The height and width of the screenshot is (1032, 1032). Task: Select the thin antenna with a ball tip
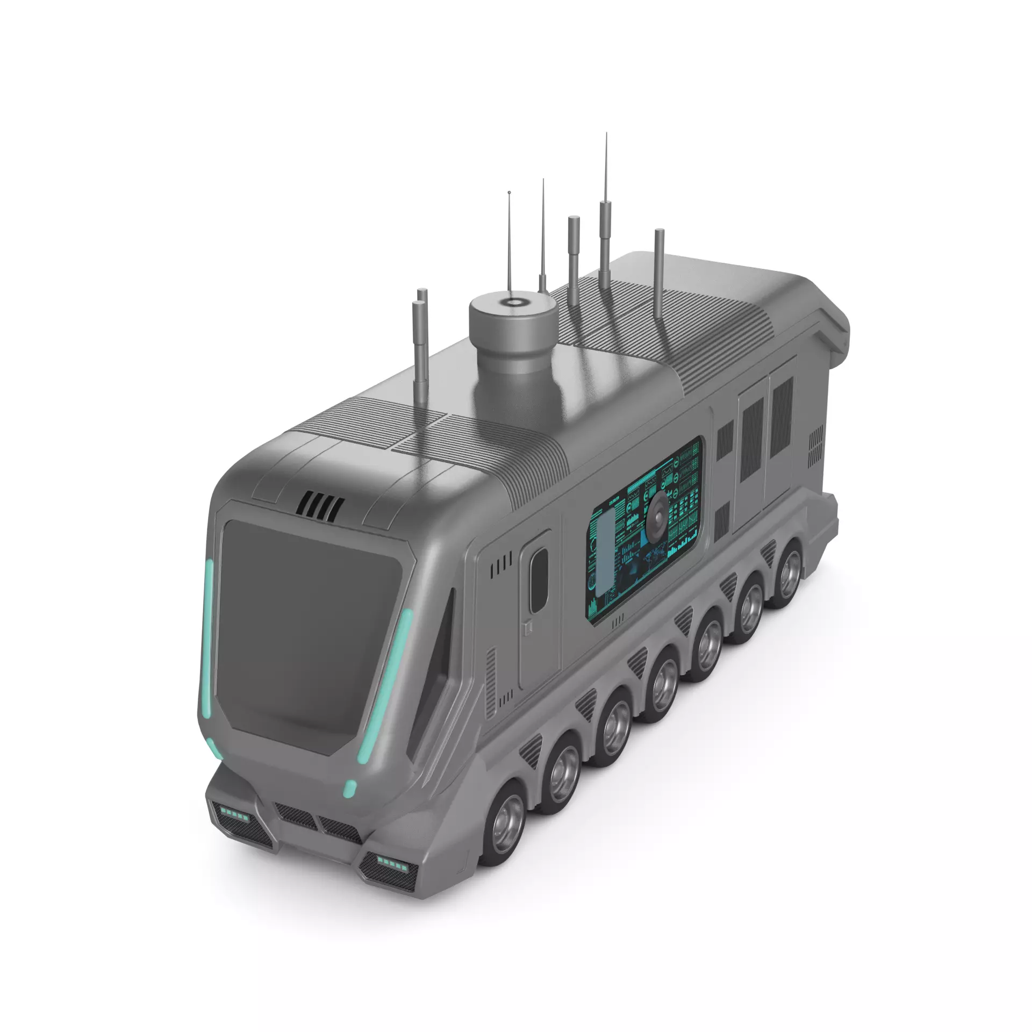click(x=509, y=236)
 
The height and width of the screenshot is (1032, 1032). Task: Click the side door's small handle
click(x=528, y=625)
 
